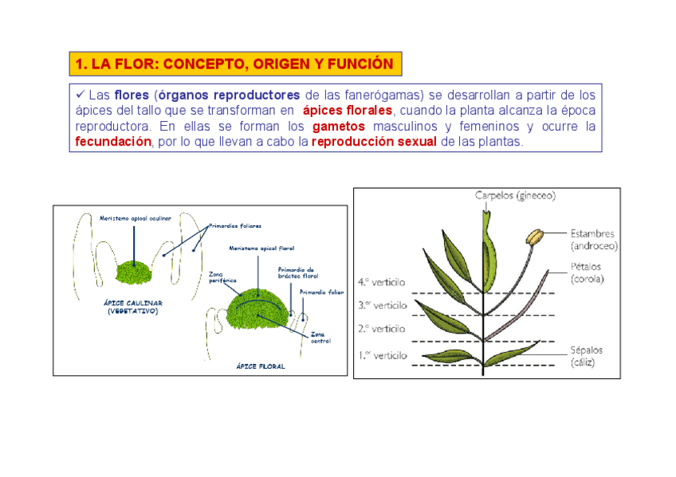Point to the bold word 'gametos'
click(x=339, y=127)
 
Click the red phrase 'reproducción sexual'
click(x=374, y=142)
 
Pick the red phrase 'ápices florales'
click(x=348, y=111)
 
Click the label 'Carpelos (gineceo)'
click(x=515, y=195)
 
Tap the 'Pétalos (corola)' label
click(x=587, y=272)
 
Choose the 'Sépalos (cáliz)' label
click(x=587, y=356)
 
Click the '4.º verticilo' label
click(x=383, y=282)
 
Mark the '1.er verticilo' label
click(x=383, y=355)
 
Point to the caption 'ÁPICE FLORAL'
click(x=260, y=367)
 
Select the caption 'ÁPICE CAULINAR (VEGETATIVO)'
click(x=133, y=307)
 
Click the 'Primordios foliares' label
click(x=235, y=226)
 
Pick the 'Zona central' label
click(x=320, y=337)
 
